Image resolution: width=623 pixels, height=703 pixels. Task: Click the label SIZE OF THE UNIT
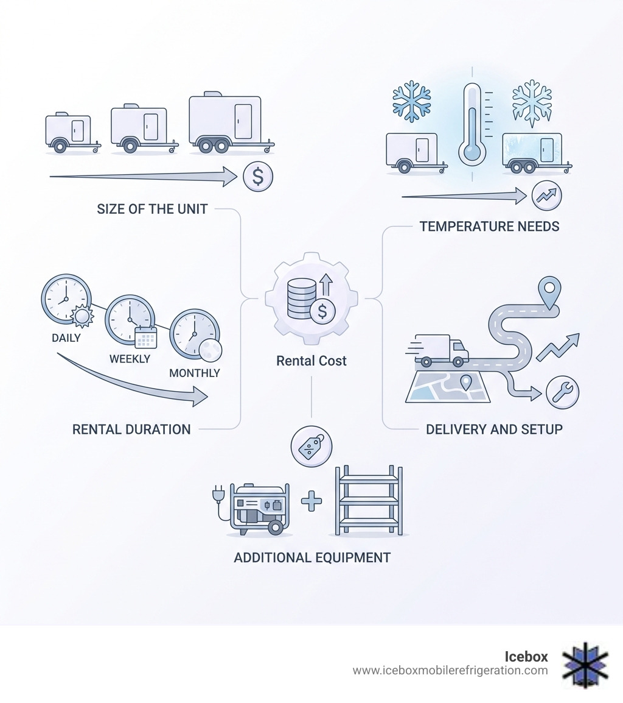point(152,209)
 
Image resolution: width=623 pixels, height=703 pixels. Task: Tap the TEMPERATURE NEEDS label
point(489,227)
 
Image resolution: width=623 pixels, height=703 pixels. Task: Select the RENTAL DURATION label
point(131,429)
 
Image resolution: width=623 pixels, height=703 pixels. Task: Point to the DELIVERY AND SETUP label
point(494,429)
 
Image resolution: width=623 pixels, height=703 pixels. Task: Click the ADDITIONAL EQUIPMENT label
point(312,557)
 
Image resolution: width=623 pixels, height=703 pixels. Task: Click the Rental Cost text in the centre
point(311,361)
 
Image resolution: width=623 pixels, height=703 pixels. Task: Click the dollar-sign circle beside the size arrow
point(258,177)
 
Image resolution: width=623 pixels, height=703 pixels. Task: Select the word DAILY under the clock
point(66,337)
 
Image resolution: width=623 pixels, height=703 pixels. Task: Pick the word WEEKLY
point(130,359)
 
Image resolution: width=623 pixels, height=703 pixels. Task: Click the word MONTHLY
point(195,373)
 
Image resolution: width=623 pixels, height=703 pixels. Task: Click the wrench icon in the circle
point(562,392)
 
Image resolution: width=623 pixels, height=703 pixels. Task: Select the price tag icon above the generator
point(311,447)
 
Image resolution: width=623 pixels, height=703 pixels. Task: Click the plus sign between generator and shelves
point(311,501)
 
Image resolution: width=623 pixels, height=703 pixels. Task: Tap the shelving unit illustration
point(369,501)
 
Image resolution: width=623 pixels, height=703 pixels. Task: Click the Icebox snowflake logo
point(585,665)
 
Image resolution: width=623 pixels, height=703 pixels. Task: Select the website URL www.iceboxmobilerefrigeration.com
point(450,671)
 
